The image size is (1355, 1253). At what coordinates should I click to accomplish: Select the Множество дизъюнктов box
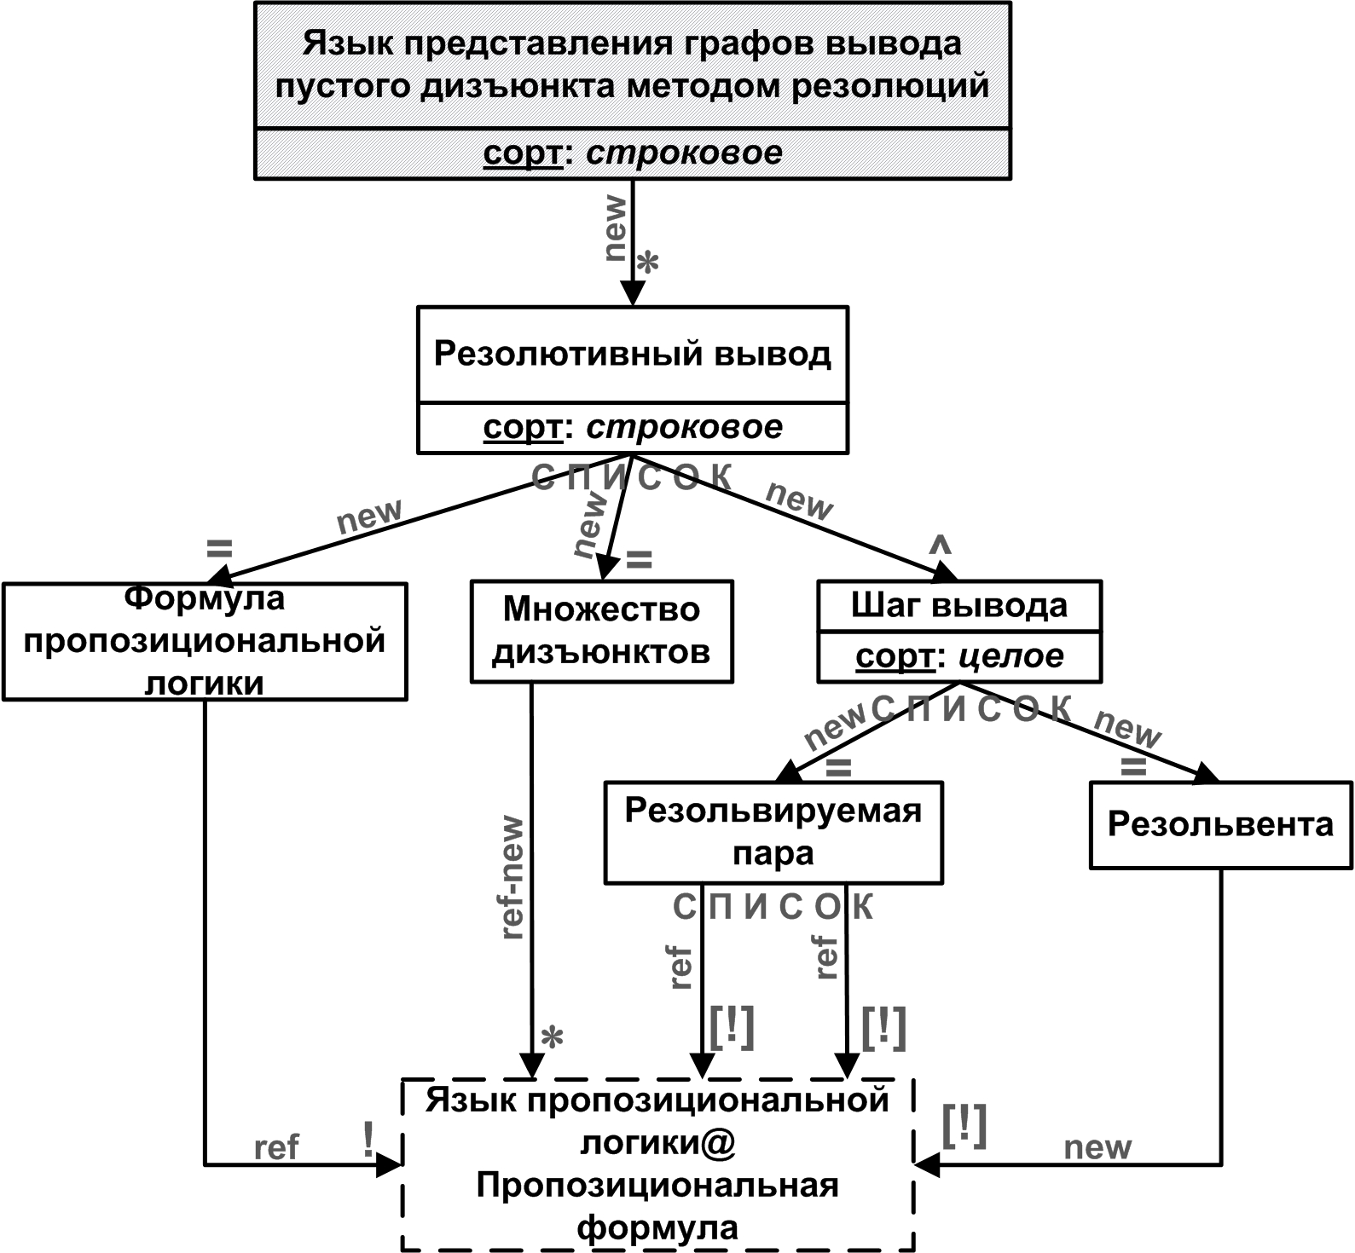pyautogui.click(x=601, y=632)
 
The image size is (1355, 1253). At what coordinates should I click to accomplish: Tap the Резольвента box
pyautogui.click(x=1220, y=824)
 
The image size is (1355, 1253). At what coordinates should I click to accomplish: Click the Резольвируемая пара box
pyautogui.click(x=773, y=832)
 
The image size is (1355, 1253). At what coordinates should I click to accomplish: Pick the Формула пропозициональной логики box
pyautogui.click(x=204, y=641)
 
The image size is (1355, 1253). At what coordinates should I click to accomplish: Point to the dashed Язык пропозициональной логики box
pyautogui.click(x=657, y=1163)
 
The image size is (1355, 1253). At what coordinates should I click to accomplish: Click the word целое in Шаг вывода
pyautogui.click(x=1011, y=656)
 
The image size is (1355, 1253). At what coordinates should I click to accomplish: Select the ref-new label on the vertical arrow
pyautogui.click(x=513, y=878)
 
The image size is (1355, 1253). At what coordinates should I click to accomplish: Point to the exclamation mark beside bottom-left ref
pyautogui.click(x=368, y=1140)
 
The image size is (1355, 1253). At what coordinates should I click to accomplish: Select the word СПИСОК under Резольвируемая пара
pyautogui.click(x=773, y=908)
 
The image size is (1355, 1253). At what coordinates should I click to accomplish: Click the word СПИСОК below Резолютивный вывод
pyautogui.click(x=632, y=477)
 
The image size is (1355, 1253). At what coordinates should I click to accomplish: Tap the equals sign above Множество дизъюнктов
pyautogui.click(x=640, y=560)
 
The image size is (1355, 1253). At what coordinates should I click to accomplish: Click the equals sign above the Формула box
pyautogui.click(x=220, y=548)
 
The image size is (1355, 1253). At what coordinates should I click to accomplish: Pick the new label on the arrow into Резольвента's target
pyautogui.click(x=1097, y=1148)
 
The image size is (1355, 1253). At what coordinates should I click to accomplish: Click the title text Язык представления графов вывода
pyautogui.click(x=632, y=43)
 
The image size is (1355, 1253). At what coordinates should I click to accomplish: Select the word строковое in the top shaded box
pyautogui.click(x=684, y=153)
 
